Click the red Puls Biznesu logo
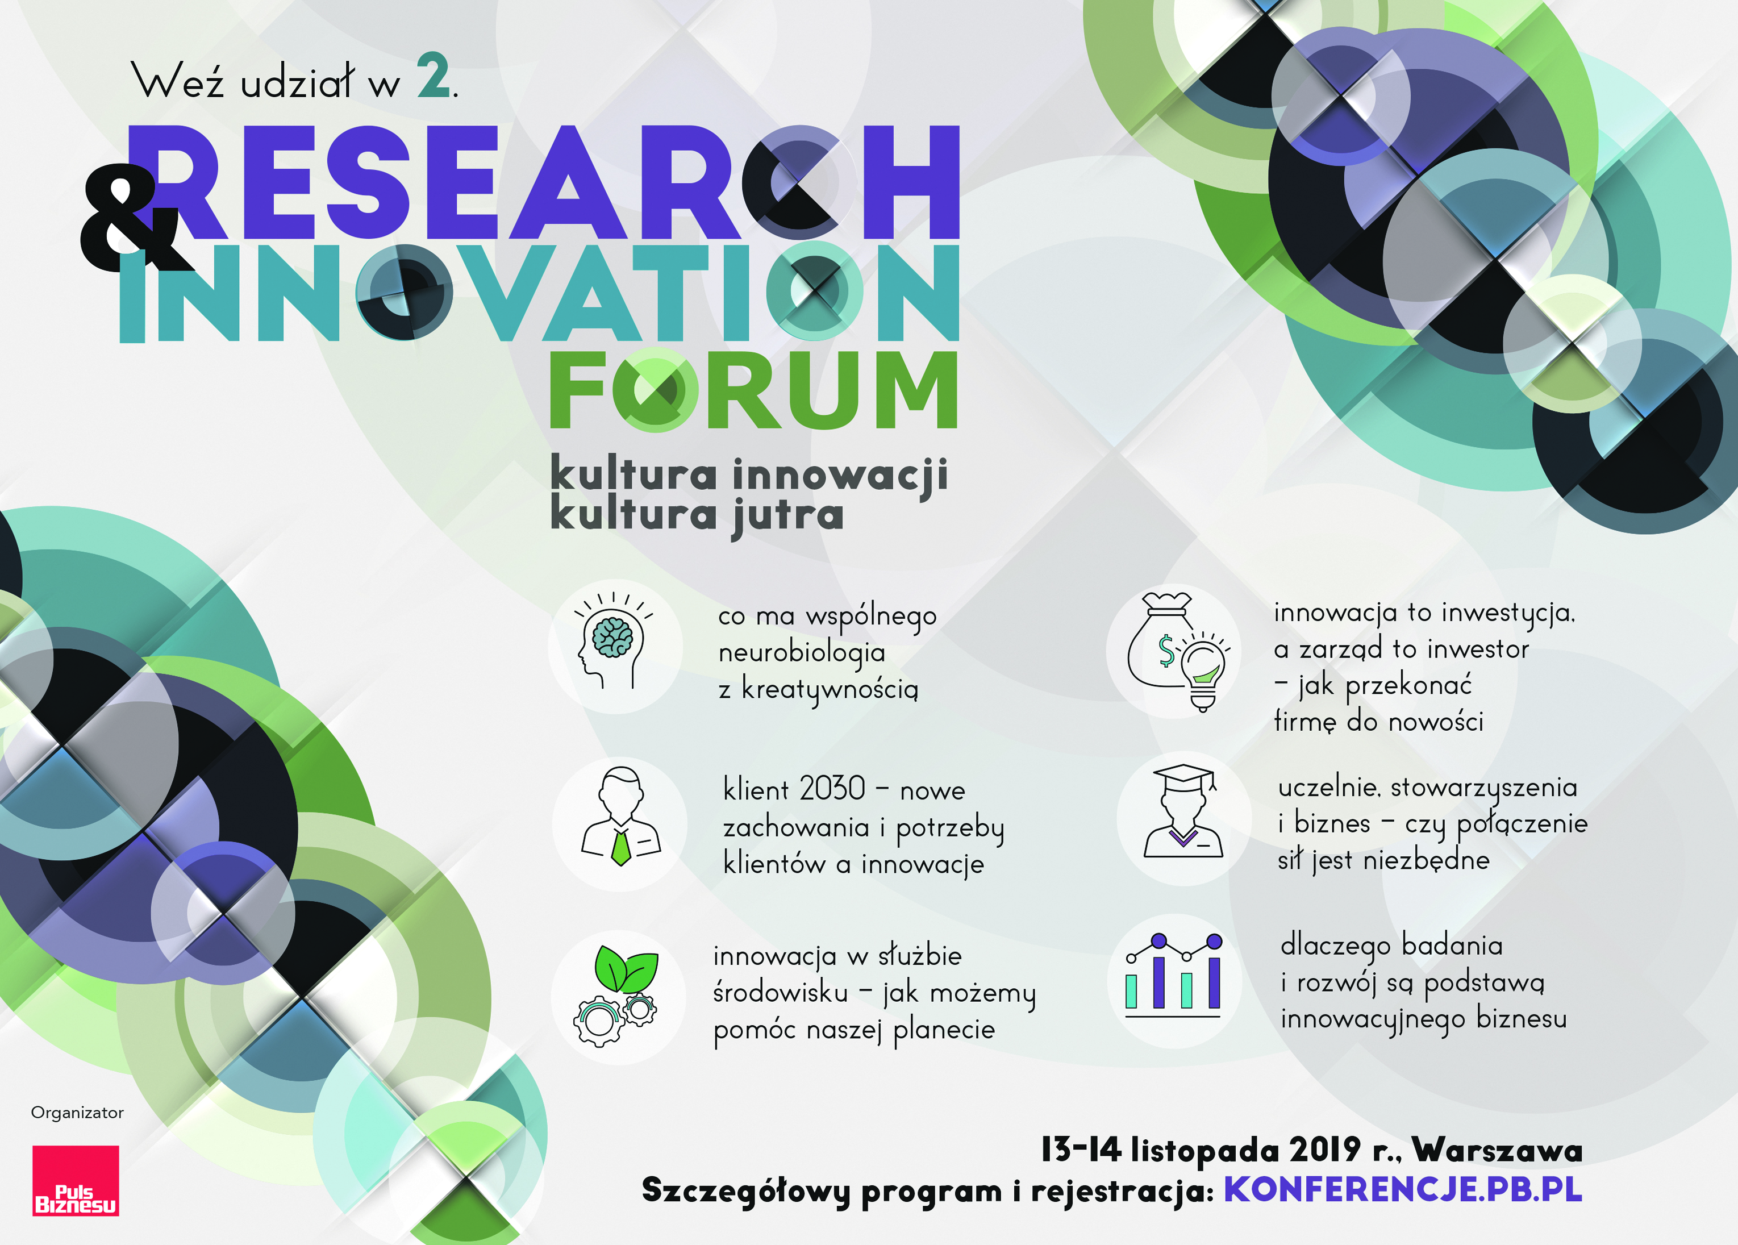click(x=75, y=1181)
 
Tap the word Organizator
click(x=77, y=1113)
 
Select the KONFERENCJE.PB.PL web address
click(x=1402, y=1190)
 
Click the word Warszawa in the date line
click(x=1497, y=1150)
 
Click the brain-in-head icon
click(x=614, y=641)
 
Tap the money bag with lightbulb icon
click(x=1178, y=652)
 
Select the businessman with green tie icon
click(x=620, y=817)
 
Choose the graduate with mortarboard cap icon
click(x=1183, y=811)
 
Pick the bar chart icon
click(x=1173, y=975)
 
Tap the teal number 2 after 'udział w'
click(x=434, y=76)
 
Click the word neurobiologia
click(x=802, y=653)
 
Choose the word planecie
click(x=944, y=1030)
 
